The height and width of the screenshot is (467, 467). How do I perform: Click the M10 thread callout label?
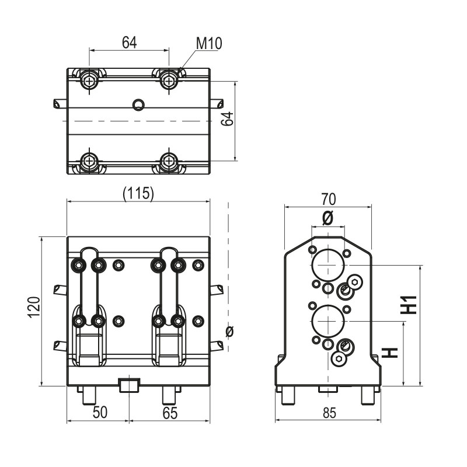click(x=209, y=43)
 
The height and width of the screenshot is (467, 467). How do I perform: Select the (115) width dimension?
click(x=138, y=193)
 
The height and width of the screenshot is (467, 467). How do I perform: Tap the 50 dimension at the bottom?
click(x=100, y=413)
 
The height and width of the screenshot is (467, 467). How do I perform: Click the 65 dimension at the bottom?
click(x=169, y=413)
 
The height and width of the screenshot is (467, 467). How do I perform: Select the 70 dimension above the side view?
click(x=327, y=199)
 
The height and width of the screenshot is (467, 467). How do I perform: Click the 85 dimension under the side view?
click(x=329, y=413)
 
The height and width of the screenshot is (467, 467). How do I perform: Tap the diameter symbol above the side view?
click(x=327, y=218)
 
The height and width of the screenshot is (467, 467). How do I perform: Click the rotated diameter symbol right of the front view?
click(x=229, y=332)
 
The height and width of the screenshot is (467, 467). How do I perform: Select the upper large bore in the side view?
click(x=328, y=264)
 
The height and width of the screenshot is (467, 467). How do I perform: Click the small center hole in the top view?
click(x=138, y=104)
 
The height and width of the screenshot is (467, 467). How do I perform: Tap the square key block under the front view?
click(x=128, y=385)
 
